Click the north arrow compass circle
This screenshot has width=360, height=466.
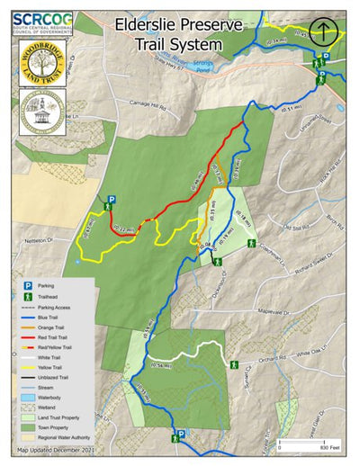pos(322,33)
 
